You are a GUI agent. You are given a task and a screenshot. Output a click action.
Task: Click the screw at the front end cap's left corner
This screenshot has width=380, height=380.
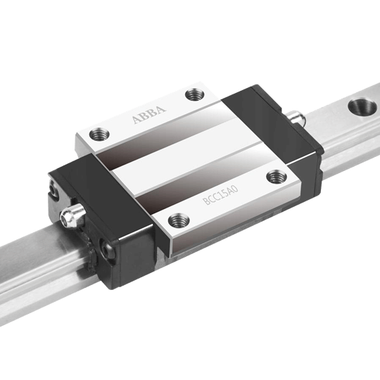pos(51,189)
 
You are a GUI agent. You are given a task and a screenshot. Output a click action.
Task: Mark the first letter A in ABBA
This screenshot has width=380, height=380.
pos(136,122)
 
